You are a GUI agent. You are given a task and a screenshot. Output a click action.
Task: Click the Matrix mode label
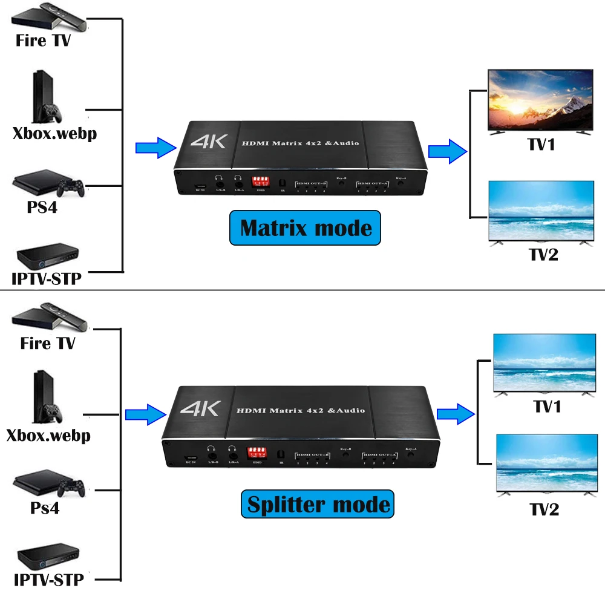(x=306, y=228)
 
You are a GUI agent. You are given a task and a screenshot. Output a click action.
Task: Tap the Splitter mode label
(x=318, y=505)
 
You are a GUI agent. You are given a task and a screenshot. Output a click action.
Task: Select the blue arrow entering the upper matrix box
(x=156, y=148)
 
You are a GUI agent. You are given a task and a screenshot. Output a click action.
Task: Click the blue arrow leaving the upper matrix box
(x=448, y=150)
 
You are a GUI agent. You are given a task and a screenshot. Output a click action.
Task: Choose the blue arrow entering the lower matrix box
(x=145, y=414)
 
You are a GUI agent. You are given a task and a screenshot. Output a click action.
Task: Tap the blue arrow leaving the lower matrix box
(x=456, y=414)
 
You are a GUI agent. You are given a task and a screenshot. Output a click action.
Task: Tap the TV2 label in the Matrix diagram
(x=543, y=255)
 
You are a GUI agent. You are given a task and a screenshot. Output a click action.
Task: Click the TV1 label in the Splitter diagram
(x=547, y=407)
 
